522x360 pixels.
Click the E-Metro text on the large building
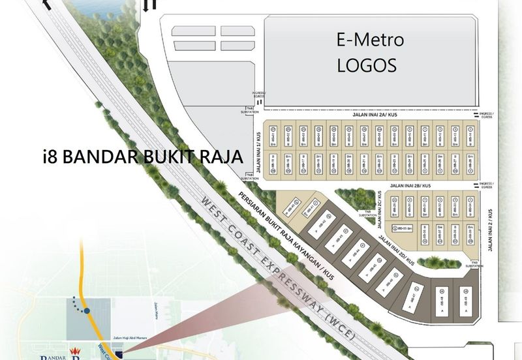[x=370, y=40]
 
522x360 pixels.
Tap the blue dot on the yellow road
[x=85, y=312]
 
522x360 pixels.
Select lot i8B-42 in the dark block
[x=321, y=224]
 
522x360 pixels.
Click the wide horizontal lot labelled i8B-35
[x=404, y=228]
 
